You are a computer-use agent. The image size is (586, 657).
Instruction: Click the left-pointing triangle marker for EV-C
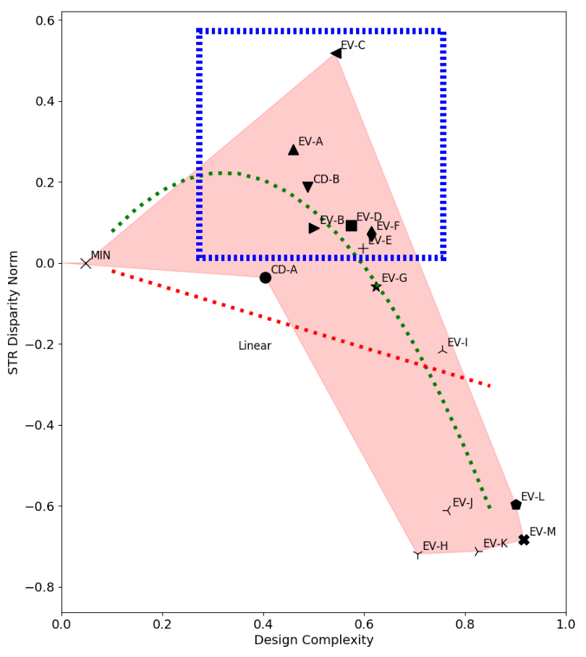(336, 53)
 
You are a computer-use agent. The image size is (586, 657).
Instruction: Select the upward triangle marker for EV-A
(294, 150)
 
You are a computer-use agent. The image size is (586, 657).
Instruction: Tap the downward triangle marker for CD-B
(307, 186)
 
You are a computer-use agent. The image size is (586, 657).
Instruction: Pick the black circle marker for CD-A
(266, 278)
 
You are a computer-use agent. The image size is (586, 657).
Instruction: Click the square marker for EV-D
(352, 226)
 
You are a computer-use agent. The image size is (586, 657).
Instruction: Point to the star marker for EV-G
(376, 287)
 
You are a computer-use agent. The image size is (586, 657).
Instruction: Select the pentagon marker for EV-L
(516, 504)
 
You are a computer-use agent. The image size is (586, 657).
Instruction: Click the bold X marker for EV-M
(524, 540)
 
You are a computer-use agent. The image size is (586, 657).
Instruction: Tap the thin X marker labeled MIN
(86, 263)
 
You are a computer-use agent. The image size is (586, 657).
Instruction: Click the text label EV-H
(435, 546)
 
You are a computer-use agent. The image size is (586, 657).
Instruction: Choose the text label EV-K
(496, 544)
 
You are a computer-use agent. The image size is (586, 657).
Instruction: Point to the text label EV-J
(462, 503)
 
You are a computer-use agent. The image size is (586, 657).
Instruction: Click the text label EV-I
(457, 343)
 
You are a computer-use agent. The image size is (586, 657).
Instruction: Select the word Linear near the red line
(255, 346)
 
